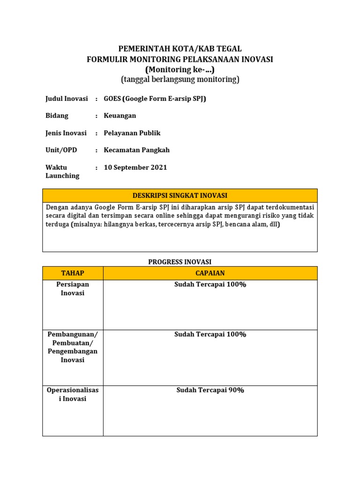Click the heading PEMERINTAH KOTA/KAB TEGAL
tap(180, 49)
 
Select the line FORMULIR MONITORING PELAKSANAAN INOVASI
tap(180, 59)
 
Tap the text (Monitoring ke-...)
tap(180, 69)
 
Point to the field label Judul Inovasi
tap(66, 98)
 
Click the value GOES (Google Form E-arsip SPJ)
tap(155, 98)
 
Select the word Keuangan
tap(120, 116)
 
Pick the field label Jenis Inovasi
tap(66, 133)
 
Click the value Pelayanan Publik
tap(132, 133)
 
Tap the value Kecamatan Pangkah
tap(137, 150)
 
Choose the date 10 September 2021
tap(135, 167)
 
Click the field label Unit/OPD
tap(61, 150)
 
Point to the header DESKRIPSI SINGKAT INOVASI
tap(180, 195)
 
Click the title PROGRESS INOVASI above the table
tap(180, 262)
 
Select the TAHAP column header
tap(73, 273)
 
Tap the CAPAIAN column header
tap(210, 273)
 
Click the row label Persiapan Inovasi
tap(73, 289)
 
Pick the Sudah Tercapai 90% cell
tap(210, 390)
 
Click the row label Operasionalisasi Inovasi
tap(73, 394)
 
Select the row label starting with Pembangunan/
tap(73, 347)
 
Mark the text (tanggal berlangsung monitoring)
tap(180, 80)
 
